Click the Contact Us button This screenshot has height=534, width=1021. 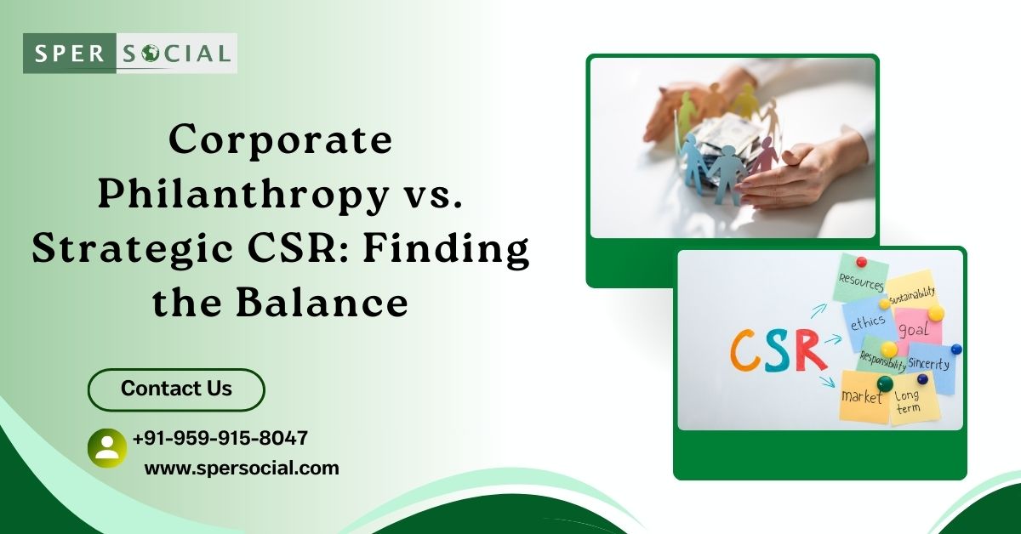tap(176, 389)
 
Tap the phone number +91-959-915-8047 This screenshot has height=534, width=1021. tap(220, 438)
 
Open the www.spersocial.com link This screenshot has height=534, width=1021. tap(242, 469)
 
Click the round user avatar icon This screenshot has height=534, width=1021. tap(107, 448)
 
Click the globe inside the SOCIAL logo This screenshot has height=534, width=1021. tap(150, 54)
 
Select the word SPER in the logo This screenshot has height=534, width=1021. tap(69, 54)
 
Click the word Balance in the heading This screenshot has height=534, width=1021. tap(322, 303)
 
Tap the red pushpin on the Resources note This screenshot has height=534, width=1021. tap(861, 262)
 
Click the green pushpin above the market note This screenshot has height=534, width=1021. tap(885, 383)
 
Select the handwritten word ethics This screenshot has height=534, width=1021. tap(868, 322)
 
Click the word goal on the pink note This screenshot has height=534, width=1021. tap(914, 329)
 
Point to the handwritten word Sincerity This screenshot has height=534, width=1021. tap(928, 363)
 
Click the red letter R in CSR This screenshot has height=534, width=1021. tap(812, 351)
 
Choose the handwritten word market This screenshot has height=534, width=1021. tap(861, 397)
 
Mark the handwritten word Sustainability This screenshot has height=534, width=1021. tap(912, 295)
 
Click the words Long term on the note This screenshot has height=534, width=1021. tap(907, 401)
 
